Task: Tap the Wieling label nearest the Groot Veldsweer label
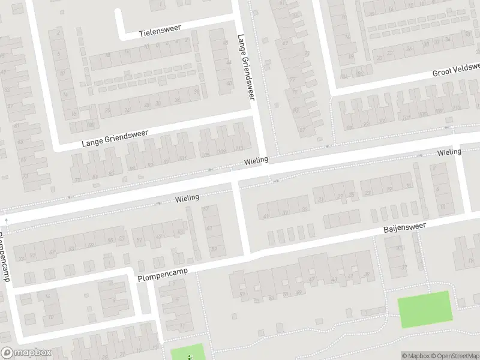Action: point(449,152)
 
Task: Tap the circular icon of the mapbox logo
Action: point(7,353)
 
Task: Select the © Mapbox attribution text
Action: point(415,356)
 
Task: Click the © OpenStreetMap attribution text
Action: point(454,356)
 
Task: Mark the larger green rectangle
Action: point(425,309)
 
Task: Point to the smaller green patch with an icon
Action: point(187,354)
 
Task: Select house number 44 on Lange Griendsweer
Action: point(229,62)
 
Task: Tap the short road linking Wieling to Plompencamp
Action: point(241,219)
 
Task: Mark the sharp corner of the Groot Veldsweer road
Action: point(333,91)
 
